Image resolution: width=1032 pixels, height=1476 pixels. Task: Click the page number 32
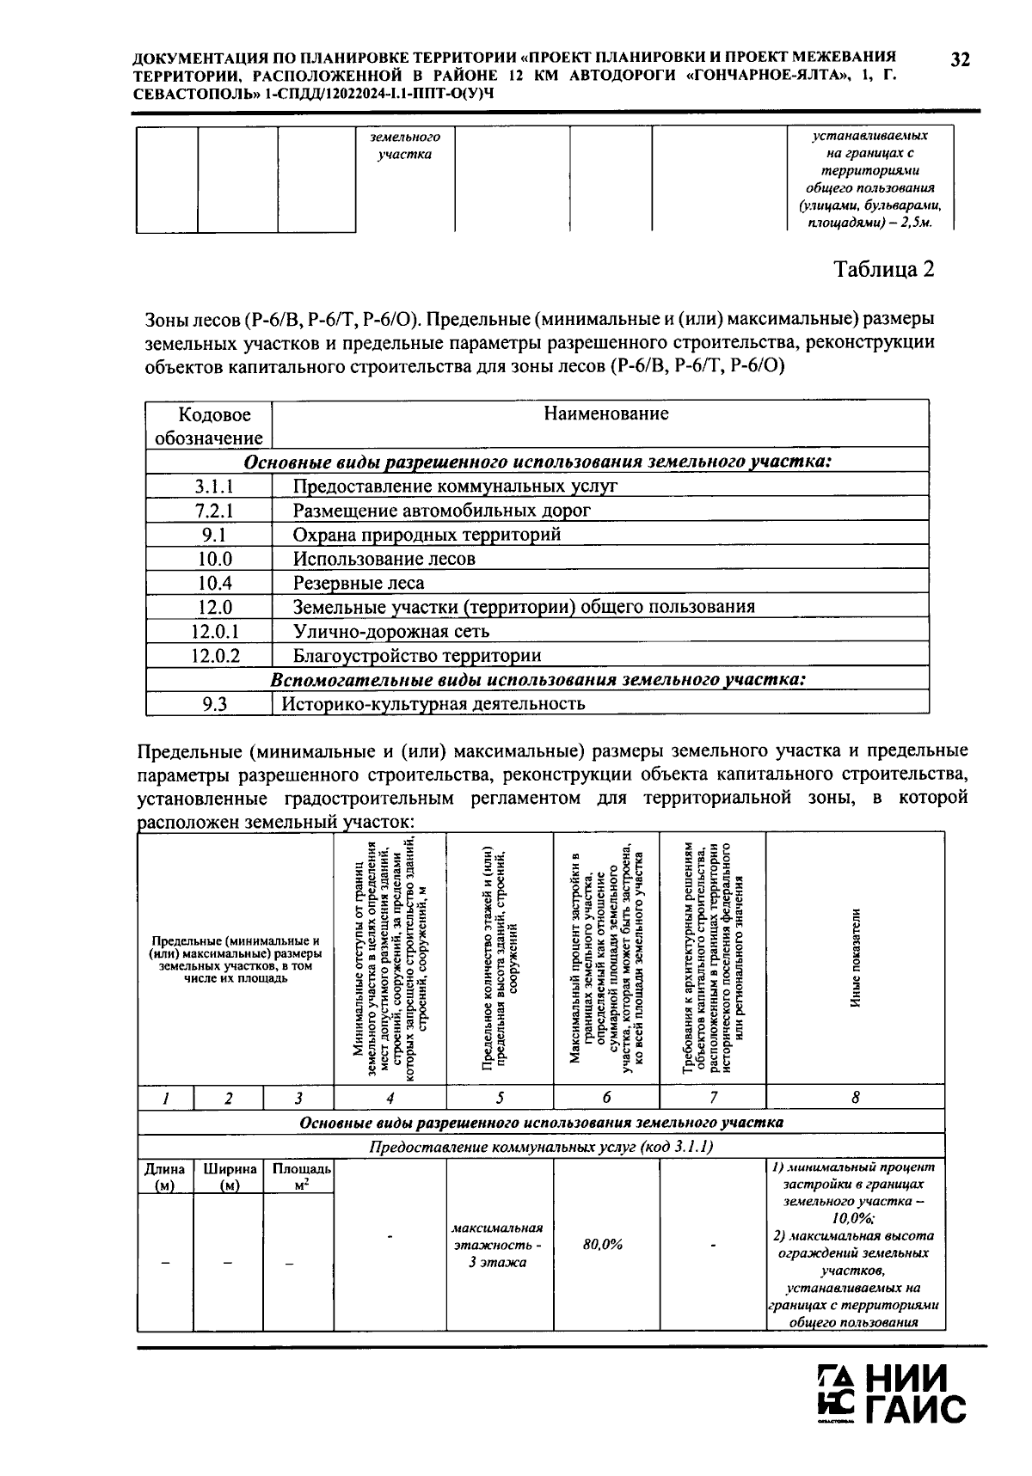tap(960, 59)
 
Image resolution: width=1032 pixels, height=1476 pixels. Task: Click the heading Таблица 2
tap(884, 269)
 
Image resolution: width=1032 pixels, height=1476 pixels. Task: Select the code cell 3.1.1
tap(209, 487)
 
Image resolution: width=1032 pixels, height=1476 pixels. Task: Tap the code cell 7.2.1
tap(209, 511)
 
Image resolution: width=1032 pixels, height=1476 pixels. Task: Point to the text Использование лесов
tap(384, 559)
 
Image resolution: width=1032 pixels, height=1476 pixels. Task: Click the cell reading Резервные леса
tap(358, 583)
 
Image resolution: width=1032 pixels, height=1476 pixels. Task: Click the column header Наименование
tap(605, 414)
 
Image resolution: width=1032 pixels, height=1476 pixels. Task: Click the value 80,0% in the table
tap(602, 1245)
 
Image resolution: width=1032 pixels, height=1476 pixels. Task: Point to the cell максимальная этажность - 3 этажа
tap(498, 1245)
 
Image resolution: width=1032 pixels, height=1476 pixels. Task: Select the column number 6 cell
tap(606, 1098)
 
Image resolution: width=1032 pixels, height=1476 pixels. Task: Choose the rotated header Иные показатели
tap(855, 958)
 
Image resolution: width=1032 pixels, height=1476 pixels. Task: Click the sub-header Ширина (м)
tap(230, 1177)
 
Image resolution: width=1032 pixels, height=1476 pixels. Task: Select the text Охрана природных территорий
tap(427, 535)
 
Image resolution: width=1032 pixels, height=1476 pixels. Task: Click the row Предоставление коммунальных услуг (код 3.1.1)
tap(541, 1147)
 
